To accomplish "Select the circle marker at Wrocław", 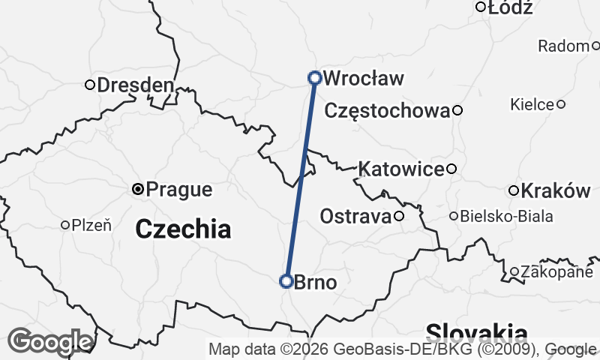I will [315, 77].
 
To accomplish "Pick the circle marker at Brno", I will [286, 281].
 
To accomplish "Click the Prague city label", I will [179, 190].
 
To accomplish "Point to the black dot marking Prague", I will [138, 189].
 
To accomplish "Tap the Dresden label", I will [135, 85].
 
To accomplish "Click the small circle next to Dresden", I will [89, 85].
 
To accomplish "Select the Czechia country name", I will [183, 229].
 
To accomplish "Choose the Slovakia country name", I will [476, 332].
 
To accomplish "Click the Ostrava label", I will [355, 217].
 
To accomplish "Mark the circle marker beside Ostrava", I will [399, 217].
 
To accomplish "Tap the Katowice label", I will [401, 169].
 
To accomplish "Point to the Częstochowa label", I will [388, 111].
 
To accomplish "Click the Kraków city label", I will [556, 190].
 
